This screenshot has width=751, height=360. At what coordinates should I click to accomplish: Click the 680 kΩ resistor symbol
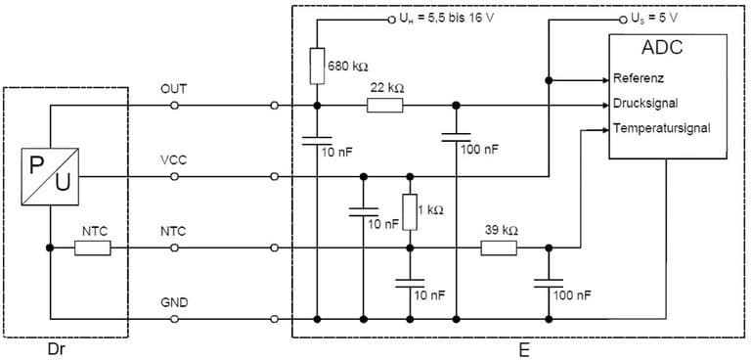coord(317,66)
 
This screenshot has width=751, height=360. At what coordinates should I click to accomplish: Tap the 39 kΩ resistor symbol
coord(499,248)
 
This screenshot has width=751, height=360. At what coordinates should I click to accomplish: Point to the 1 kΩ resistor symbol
coord(410,211)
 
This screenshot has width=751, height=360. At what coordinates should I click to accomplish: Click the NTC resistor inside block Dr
coord(94,248)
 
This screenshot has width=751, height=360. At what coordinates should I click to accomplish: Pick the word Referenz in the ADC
coord(640,78)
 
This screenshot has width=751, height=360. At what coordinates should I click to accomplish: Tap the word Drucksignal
coord(645,103)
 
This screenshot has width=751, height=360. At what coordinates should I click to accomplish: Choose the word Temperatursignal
coord(660,128)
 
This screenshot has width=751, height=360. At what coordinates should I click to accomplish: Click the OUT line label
coord(173,89)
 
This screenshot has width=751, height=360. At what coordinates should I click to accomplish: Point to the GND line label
coord(173,304)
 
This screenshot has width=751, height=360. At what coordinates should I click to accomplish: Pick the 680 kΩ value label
coord(347,67)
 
